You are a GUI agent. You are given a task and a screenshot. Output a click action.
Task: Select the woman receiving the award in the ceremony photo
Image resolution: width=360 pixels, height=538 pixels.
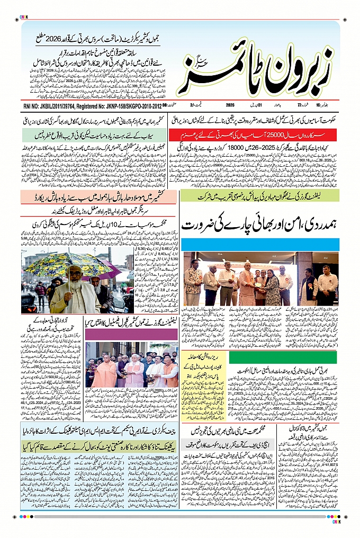(x=272, y=286)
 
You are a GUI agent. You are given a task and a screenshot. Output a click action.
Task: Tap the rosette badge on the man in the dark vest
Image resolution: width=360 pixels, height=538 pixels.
(x=308, y=283)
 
